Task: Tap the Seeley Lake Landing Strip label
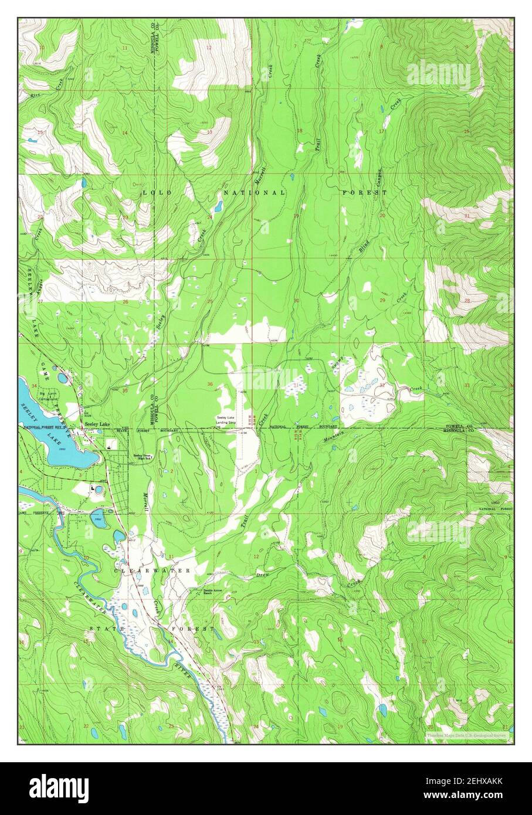coord(229,419)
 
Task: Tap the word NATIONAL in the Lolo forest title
coord(256,193)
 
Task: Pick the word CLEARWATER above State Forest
coord(152,570)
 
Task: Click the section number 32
coord(382,385)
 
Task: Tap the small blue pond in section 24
coord(218,206)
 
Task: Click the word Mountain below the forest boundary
coord(333,438)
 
